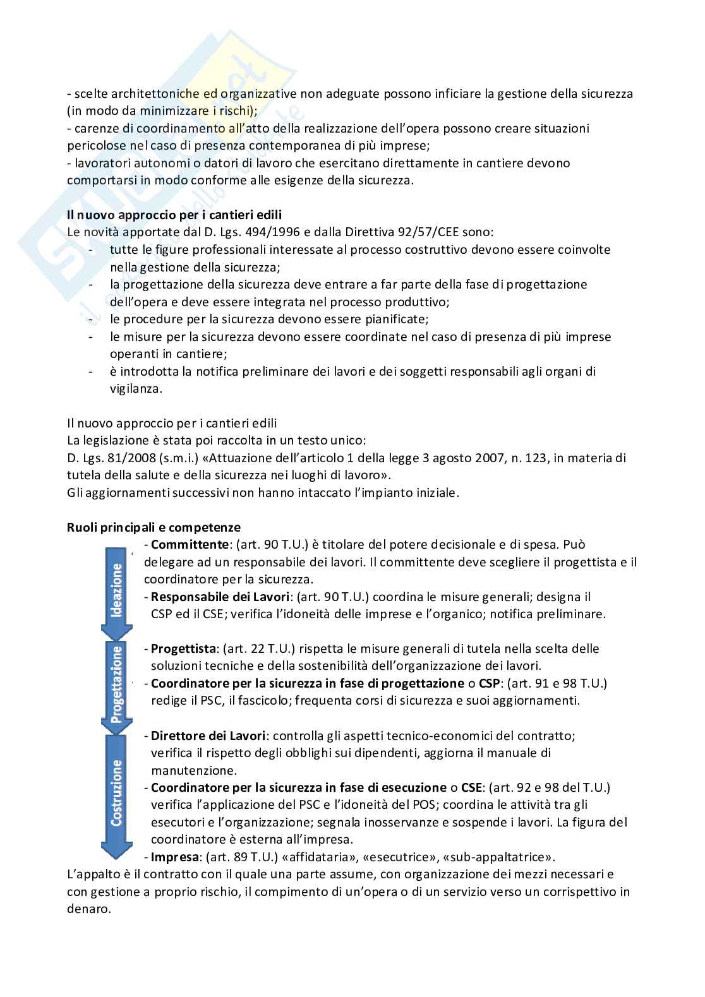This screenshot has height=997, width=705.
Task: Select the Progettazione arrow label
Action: (116, 683)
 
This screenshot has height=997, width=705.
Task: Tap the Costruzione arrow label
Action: (116, 792)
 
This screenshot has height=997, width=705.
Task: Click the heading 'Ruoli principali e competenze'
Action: (154, 527)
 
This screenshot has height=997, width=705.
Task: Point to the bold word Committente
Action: (189, 544)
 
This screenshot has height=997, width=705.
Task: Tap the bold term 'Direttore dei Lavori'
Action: (208, 736)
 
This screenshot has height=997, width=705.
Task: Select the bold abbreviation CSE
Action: (471, 787)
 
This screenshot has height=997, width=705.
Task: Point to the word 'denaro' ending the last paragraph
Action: (88, 909)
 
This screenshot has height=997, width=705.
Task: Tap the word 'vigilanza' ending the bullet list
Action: (136, 389)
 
